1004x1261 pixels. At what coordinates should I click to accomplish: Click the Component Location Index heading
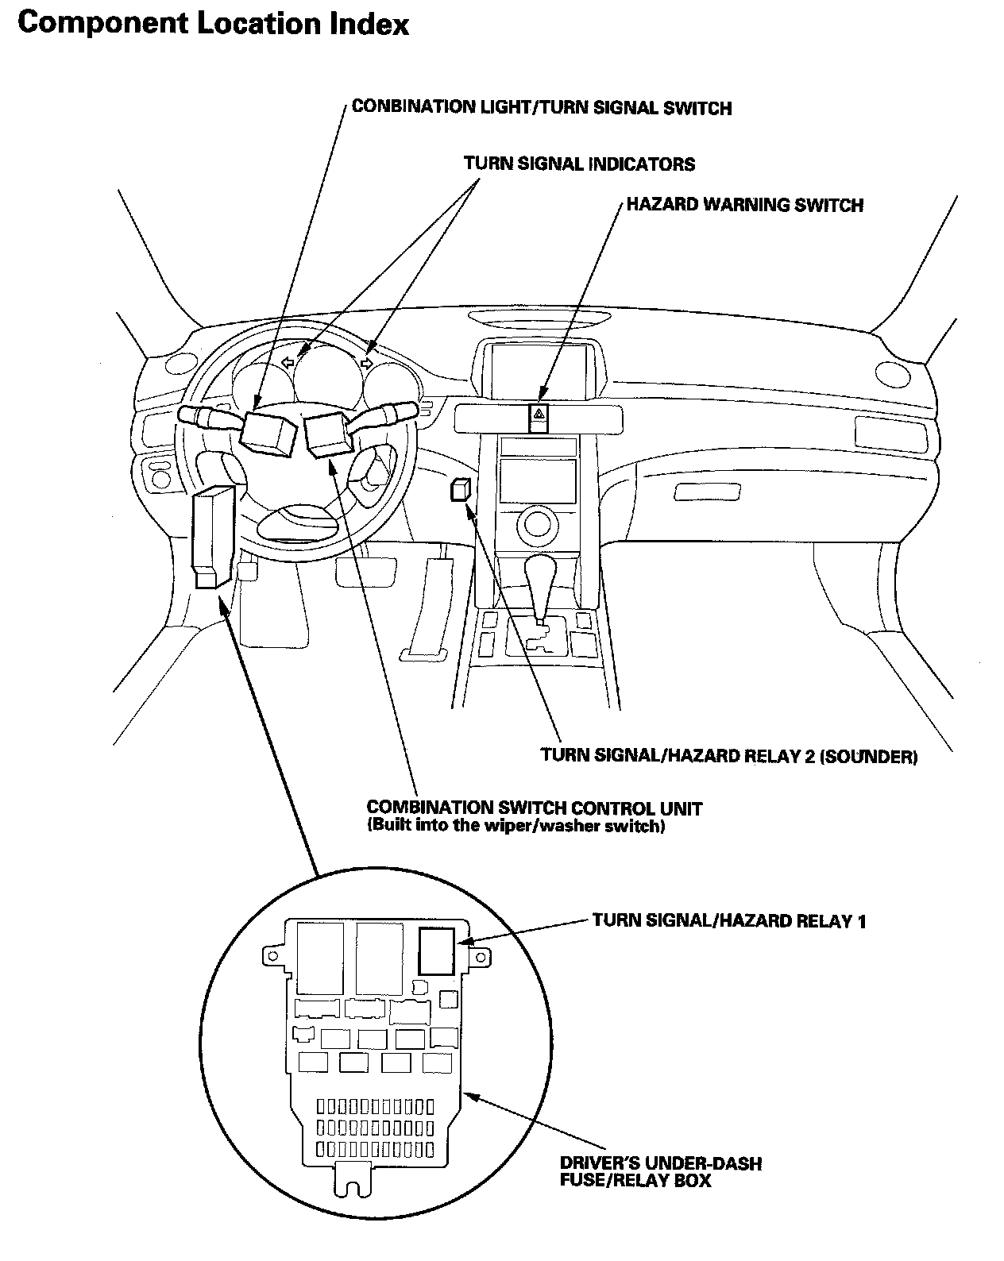[x=213, y=24]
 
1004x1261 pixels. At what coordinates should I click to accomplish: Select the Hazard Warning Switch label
[x=744, y=205]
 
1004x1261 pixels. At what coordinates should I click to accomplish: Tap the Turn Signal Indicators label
[x=579, y=164]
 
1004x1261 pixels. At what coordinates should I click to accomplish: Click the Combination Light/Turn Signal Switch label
[x=541, y=107]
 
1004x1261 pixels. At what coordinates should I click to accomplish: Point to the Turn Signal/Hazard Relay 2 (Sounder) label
[x=728, y=756]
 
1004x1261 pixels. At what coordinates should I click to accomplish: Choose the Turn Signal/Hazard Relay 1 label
[x=728, y=920]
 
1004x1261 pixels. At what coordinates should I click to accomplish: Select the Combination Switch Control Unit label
[x=534, y=808]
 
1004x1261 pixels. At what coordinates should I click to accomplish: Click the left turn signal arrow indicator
[x=288, y=362]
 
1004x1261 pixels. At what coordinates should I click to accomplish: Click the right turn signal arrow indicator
[x=366, y=363]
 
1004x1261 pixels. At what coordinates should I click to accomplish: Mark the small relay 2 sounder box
[x=460, y=490]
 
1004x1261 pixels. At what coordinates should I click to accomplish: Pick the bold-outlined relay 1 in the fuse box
[x=436, y=951]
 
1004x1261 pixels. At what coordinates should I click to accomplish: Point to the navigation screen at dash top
[x=539, y=365]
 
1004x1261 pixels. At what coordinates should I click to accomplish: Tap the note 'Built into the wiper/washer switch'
[x=516, y=826]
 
